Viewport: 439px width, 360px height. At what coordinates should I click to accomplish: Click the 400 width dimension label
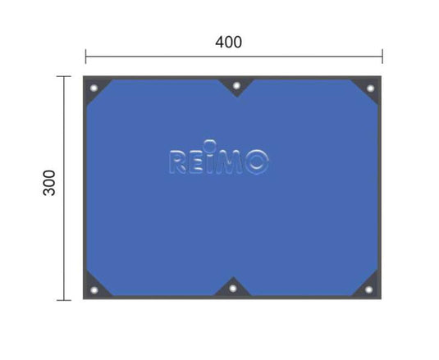(228, 43)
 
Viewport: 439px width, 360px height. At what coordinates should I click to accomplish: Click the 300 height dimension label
(49, 183)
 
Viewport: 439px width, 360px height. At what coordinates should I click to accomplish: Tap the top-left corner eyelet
(94, 88)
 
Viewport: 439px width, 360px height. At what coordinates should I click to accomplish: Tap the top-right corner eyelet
(370, 89)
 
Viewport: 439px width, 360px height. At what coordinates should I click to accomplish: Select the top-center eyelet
(236, 85)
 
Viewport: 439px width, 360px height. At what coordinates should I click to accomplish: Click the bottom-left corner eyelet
(94, 290)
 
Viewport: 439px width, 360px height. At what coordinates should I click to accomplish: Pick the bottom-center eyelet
(233, 289)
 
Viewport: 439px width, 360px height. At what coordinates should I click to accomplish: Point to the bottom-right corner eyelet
(369, 289)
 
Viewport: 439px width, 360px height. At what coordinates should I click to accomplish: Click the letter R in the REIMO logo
(178, 162)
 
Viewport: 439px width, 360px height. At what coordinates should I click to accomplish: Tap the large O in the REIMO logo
(257, 162)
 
